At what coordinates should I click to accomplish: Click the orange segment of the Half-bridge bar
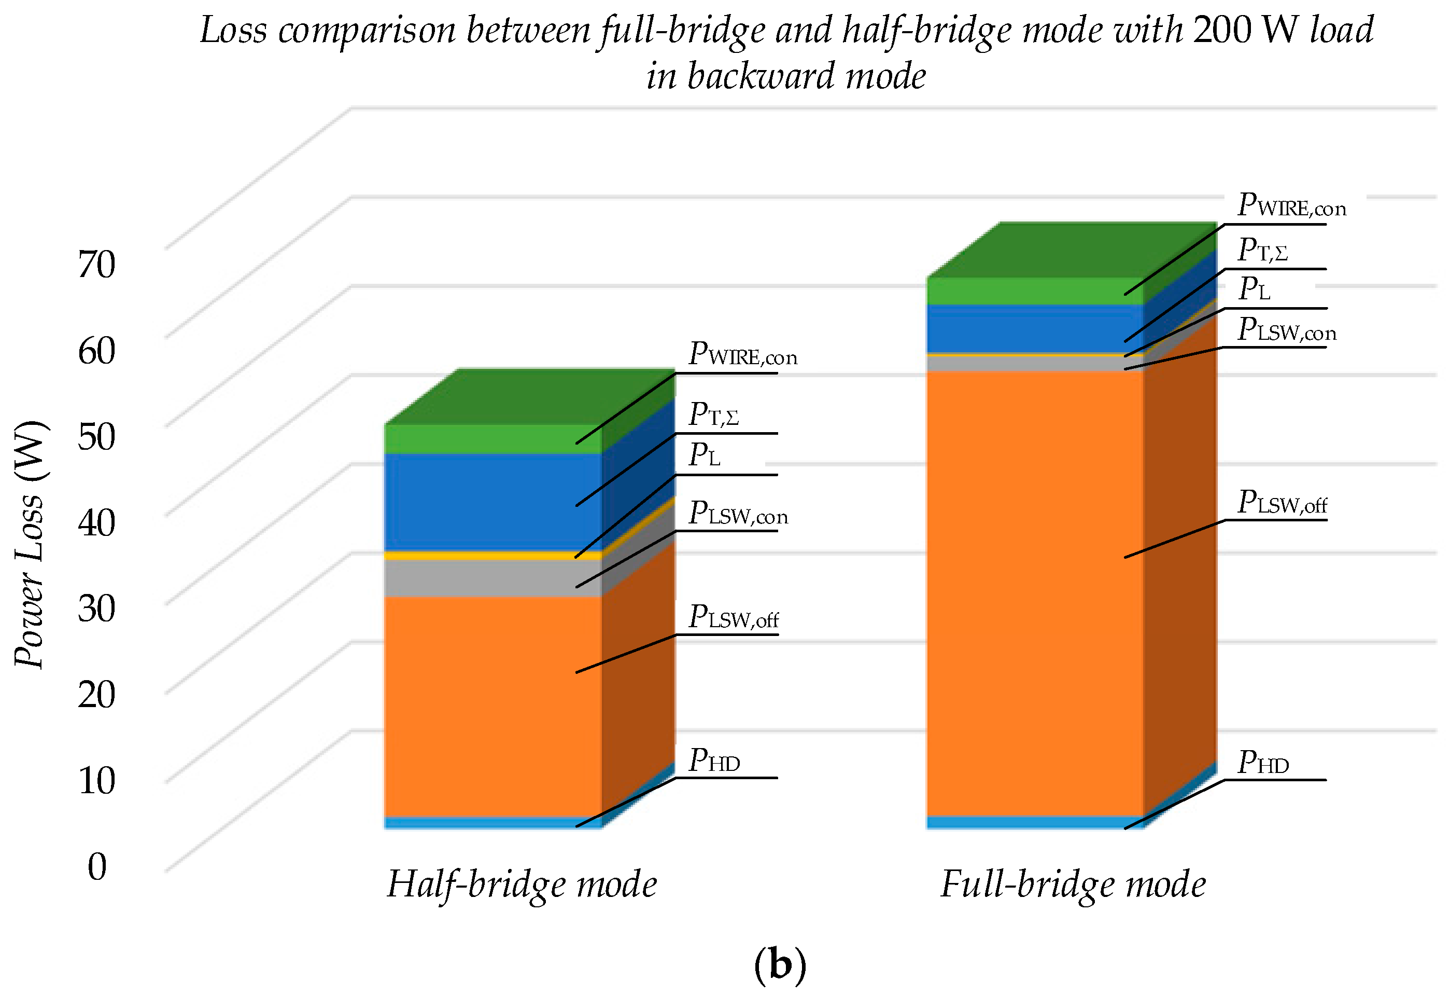493,706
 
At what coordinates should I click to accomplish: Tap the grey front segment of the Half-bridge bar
493,577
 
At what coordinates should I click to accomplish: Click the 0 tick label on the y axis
97,866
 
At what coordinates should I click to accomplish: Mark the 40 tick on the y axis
97,522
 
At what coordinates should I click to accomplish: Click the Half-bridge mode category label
522,884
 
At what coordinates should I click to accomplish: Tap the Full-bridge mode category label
1073,884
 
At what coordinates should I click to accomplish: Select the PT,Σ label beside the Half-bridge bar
714,414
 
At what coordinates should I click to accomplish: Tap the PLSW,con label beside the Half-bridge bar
738,514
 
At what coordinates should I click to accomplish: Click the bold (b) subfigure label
780,964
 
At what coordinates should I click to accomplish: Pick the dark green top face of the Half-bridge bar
530,396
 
